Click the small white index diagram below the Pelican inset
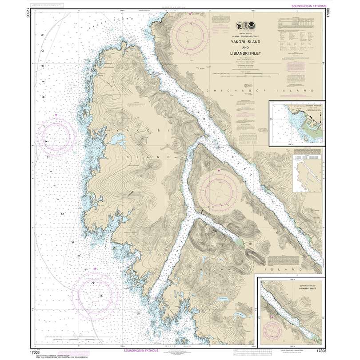tap(307, 176)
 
